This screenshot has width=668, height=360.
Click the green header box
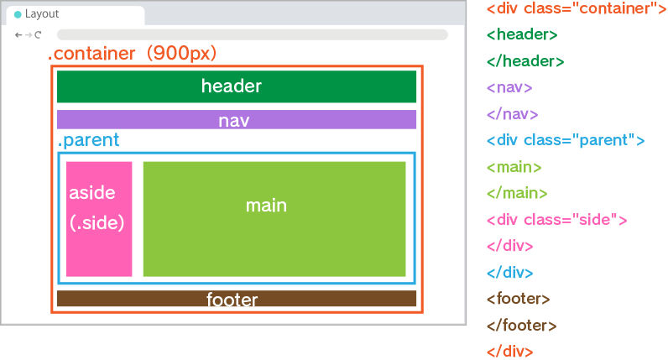[x=237, y=86]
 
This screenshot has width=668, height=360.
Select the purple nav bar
[x=237, y=120]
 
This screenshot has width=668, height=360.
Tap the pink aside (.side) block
[x=99, y=218]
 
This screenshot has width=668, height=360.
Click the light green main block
[x=274, y=218]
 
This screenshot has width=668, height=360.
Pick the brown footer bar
[x=237, y=299]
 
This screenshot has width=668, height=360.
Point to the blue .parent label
[x=88, y=140]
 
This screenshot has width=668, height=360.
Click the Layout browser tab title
[x=42, y=14]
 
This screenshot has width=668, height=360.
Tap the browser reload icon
[x=38, y=35]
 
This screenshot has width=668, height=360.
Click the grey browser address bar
[x=252, y=35]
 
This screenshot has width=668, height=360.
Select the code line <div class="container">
[x=576, y=8]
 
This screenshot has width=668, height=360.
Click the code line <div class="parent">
[x=566, y=140]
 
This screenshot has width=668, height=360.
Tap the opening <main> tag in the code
[x=514, y=167]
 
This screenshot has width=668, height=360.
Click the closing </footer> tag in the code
[x=521, y=326]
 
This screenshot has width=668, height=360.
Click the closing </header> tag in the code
[x=525, y=61]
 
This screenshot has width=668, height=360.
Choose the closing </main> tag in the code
[x=517, y=193]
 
